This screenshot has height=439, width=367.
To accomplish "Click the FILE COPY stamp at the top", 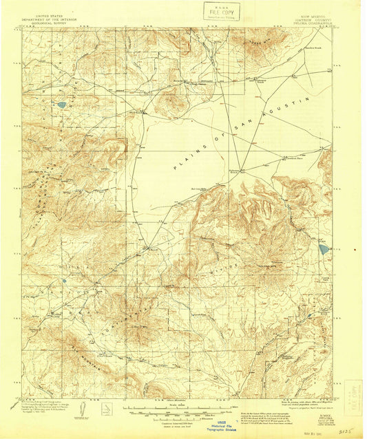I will (222, 11).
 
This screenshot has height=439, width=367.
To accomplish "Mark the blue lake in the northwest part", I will (62, 105).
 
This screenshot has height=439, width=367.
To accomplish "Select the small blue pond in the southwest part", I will (63, 281).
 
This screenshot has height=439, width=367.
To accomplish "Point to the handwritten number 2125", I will (348, 427).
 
